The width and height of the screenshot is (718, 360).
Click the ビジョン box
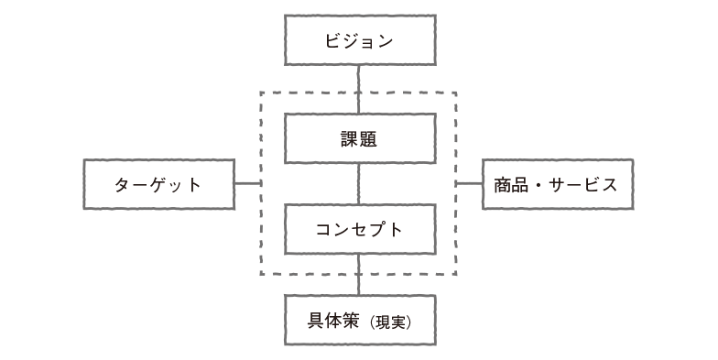[x=359, y=41]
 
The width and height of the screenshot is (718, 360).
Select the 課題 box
[x=359, y=139]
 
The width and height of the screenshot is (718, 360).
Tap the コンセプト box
[x=359, y=229]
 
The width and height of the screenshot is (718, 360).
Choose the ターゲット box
[x=158, y=184]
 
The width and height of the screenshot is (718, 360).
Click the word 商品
[x=510, y=184]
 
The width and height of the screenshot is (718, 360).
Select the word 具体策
[x=334, y=321]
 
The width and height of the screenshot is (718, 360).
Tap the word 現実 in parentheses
[x=391, y=322]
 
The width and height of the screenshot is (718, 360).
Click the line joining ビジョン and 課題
[x=359, y=90]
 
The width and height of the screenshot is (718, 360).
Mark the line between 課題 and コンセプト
[x=359, y=184]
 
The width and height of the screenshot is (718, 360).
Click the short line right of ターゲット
[x=247, y=184]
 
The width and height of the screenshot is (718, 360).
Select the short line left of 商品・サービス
[x=470, y=184]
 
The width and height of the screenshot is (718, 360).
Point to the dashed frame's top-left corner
[x=262, y=93]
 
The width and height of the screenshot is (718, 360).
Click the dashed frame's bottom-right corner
[x=455, y=274]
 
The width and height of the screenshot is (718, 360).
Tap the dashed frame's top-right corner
[x=455, y=93]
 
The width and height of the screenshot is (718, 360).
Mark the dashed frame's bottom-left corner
[x=262, y=274]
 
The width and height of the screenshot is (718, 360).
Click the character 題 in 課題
[x=368, y=139]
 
